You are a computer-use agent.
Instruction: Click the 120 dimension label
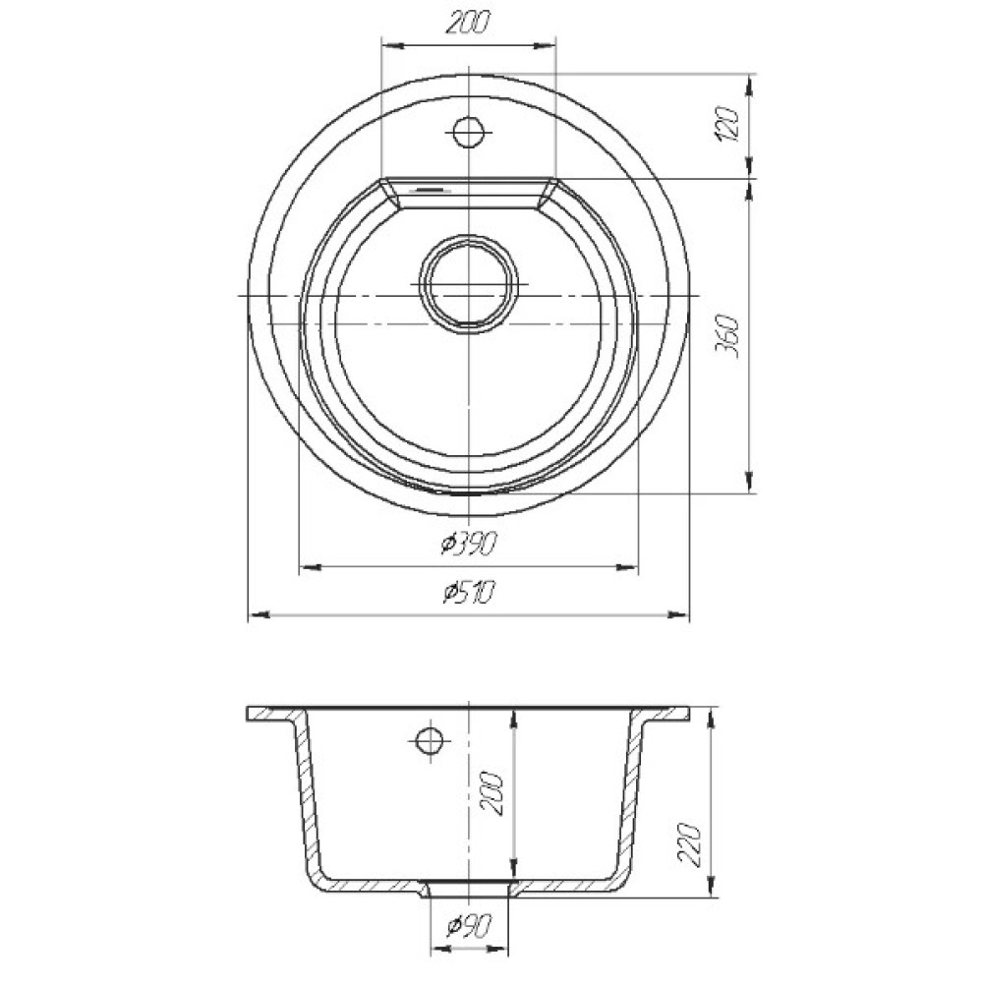(730, 124)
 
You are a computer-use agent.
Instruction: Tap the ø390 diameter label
(468, 544)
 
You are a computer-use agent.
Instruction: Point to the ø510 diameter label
(468, 592)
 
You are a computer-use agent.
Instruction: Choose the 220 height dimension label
(690, 843)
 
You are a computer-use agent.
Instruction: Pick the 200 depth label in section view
(492, 793)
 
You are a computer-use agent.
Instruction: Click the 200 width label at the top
(468, 23)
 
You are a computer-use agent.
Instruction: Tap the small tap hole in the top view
(469, 133)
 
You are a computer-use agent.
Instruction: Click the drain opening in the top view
(469, 283)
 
